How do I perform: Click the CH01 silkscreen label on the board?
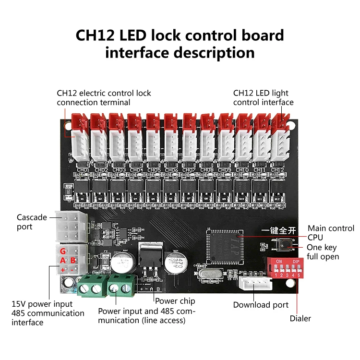[x=83, y=170]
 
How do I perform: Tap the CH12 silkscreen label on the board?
[x=277, y=170]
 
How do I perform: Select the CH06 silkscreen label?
[x=171, y=170]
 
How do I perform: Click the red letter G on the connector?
[x=62, y=251]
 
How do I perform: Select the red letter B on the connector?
[x=73, y=261]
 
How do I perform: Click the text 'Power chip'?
[x=175, y=300]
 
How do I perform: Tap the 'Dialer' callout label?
[x=300, y=318]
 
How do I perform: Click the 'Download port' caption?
[x=261, y=305]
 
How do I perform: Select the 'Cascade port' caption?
[x=32, y=222]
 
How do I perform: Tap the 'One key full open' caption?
[x=323, y=252]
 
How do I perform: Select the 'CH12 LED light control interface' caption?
[x=263, y=97]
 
